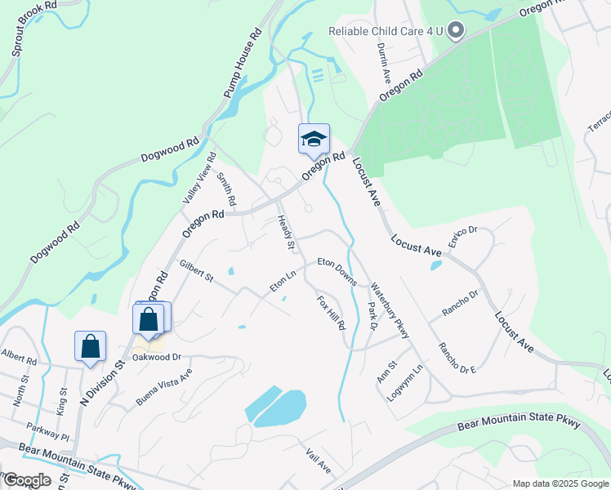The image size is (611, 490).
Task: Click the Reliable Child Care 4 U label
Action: [x=385, y=32]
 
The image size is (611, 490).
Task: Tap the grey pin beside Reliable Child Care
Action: [x=456, y=31]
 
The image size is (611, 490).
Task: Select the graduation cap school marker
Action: [x=314, y=139]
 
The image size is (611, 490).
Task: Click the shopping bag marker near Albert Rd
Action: [x=90, y=346]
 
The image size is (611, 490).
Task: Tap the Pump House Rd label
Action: [x=242, y=65]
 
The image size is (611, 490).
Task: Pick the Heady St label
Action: [x=285, y=232]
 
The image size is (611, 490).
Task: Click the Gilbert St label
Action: [x=196, y=272]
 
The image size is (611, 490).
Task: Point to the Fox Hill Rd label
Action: [x=332, y=313]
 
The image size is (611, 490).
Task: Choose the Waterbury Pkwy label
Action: [x=389, y=311]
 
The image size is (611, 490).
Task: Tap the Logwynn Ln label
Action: [x=407, y=379]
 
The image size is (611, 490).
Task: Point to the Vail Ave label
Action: [x=318, y=461]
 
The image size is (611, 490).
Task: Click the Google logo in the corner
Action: [x=27, y=480]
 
